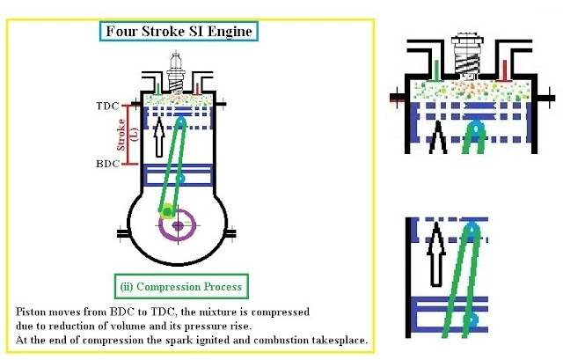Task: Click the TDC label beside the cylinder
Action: click(106, 105)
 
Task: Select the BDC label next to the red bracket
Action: click(106, 164)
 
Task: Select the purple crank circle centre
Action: click(179, 225)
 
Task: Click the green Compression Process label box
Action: click(182, 287)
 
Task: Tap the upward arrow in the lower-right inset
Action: click(434, 255)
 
